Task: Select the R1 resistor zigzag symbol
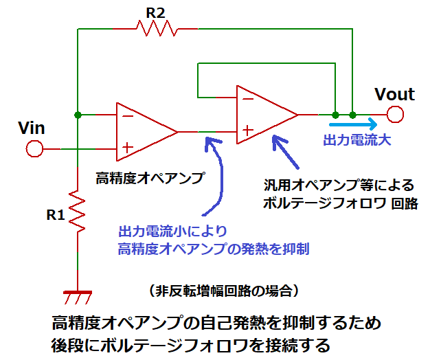pos(78,213)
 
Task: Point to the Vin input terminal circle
pos(34,148)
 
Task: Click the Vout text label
pos(394,94)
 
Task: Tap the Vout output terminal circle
pos(394,114)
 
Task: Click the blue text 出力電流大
pos(357,141)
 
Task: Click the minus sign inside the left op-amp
pos(127,115)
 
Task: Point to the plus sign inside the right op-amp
pos(247,130)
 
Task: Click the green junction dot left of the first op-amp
pos(78,114)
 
